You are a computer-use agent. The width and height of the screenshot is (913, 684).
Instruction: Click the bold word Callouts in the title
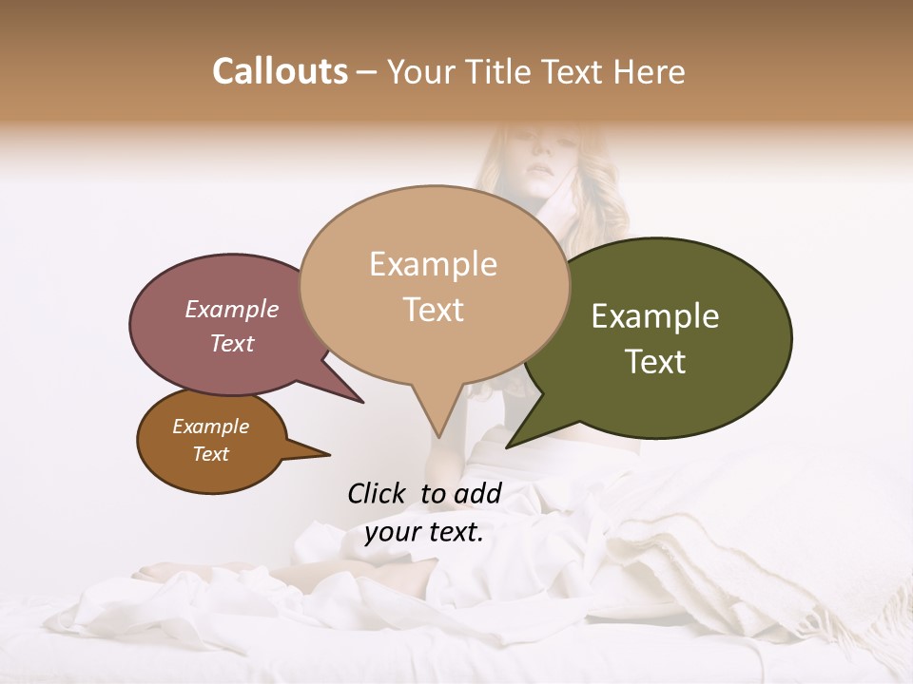pyautogui.click(x=280, y=71)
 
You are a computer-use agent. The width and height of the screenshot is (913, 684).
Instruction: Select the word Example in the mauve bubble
pyautogui.click(x=232, y=309)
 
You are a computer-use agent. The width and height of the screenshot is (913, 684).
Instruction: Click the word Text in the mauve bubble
pyautogui.click(x=232, y=343)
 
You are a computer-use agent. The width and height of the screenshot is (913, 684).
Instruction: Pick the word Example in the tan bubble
pyautogui.click(x=433, y=264)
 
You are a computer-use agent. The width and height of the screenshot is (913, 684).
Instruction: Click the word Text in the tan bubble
pyautogui.click(x=434, y=309)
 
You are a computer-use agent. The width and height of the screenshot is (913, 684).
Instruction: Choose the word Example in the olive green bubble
pyautogui.click(x=655, y=316)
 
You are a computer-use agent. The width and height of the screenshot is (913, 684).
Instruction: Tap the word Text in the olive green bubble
pyautogui.click(x=655, y=361)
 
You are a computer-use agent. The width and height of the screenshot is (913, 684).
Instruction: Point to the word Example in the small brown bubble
pyautogui.click(x=210, y=427)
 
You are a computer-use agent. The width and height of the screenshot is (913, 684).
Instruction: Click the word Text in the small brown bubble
pyautogui.click(x=211, y=454)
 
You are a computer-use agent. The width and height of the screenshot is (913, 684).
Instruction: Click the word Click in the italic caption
pyautogui.click(x=378, y=493)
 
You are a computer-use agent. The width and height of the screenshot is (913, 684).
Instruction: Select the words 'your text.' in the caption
pyautogui.click(x=424, y=532)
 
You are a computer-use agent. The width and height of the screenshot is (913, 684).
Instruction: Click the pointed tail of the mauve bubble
pyautogui.click(x=361, y=401)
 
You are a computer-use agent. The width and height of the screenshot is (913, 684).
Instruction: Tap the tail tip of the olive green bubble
pyautogui.click(x=508, y=446)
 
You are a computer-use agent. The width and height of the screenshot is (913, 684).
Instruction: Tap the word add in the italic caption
pyautogui.click(x=478, y=493)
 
